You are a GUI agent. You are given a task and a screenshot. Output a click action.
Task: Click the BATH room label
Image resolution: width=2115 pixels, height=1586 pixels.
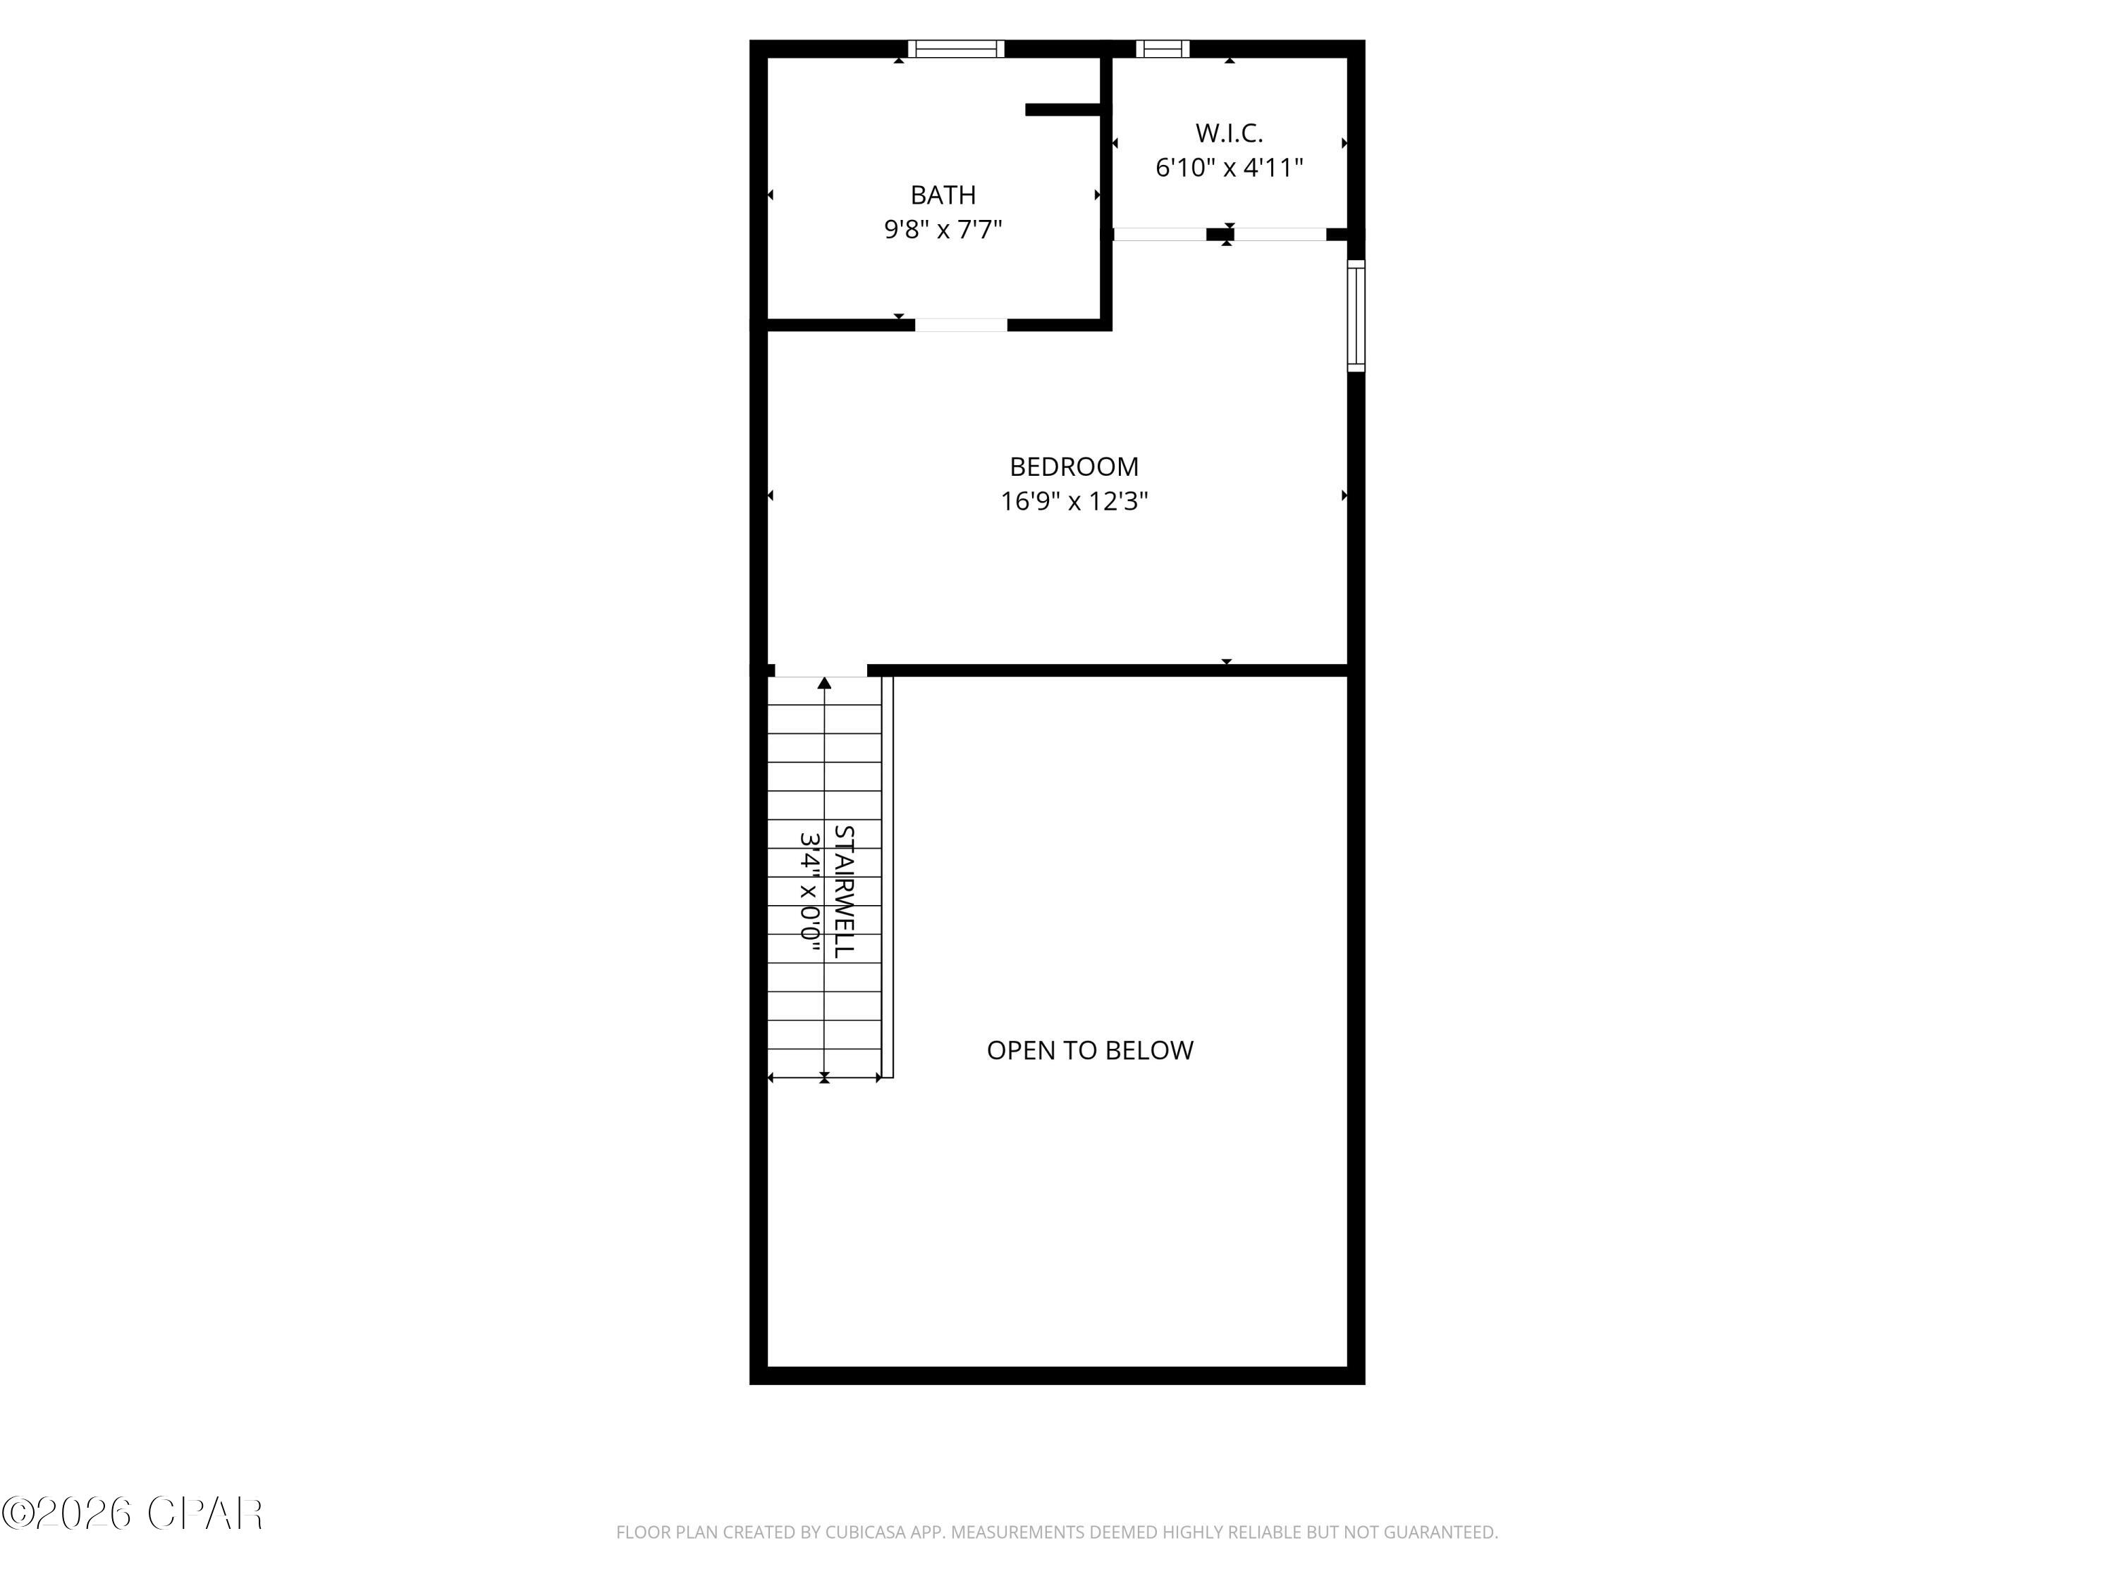tap(943, 195)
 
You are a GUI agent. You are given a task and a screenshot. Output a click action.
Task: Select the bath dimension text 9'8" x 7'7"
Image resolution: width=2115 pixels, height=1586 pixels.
tap(943, 229)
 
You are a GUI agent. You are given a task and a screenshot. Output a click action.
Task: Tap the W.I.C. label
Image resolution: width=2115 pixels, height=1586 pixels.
tap(1229, 133)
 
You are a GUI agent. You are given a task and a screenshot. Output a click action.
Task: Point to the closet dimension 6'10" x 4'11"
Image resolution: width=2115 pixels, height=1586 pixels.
tap(1229, 167)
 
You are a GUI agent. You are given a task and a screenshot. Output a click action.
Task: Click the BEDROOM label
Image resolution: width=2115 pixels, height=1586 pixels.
tap(1074, 467)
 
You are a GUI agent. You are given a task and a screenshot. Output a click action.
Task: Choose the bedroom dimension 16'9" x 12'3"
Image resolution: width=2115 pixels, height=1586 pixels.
tap(1074, 501)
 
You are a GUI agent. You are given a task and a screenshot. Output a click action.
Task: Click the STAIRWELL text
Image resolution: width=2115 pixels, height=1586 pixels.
tap(843, 891)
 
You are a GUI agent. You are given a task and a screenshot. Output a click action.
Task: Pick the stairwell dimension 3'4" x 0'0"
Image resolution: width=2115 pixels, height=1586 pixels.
tap(810, 891)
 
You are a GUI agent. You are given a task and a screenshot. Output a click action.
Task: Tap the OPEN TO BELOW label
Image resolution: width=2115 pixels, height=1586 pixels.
tap(1089, 1050)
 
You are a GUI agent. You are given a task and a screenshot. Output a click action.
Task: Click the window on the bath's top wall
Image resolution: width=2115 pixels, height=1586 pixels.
tap(955, 49)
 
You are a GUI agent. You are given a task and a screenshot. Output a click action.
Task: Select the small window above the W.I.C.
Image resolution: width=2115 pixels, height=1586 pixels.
tap(1162, 49)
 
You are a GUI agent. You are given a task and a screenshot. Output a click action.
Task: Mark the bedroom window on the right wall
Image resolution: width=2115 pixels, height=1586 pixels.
tap(1356, 316)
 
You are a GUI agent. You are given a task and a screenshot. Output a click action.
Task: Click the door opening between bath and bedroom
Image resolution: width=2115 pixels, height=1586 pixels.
tap(961, 325)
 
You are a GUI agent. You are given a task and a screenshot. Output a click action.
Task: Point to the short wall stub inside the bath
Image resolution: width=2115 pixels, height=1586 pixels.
tap(1062, 110)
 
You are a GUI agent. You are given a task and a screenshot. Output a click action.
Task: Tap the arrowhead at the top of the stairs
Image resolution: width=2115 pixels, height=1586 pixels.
tap(824, 682)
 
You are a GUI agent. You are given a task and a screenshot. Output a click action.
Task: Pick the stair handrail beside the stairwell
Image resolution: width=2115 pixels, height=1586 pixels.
tap(888, 877)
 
